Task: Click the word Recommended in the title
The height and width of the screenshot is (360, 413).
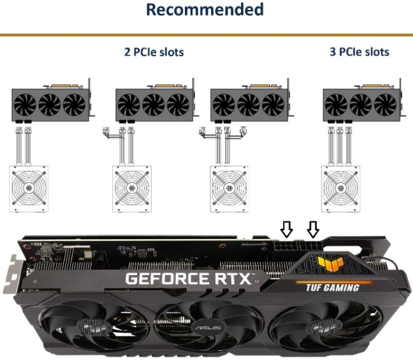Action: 205,9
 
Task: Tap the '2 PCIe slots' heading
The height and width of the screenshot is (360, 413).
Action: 154,52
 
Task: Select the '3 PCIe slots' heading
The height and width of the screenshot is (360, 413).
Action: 359,52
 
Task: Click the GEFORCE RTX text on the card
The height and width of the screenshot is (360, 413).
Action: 188,278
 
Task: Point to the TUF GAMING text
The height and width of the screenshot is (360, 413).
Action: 333,287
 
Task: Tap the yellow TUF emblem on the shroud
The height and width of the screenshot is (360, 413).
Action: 330,263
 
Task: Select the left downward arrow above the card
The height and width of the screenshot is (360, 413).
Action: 286,229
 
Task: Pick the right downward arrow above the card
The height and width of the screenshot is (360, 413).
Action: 313,229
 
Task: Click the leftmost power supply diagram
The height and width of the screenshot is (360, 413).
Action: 29,189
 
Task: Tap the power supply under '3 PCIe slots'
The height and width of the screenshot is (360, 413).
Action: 340,189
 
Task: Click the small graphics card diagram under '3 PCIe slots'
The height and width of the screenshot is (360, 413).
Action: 364,101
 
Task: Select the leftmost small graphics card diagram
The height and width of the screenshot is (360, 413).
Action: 53,101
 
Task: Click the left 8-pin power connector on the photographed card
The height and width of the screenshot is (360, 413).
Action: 285,247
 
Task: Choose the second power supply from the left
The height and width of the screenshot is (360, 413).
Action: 132,189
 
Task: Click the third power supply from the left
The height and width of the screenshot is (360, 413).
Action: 229,189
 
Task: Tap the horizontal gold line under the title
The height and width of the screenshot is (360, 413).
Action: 206,35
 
